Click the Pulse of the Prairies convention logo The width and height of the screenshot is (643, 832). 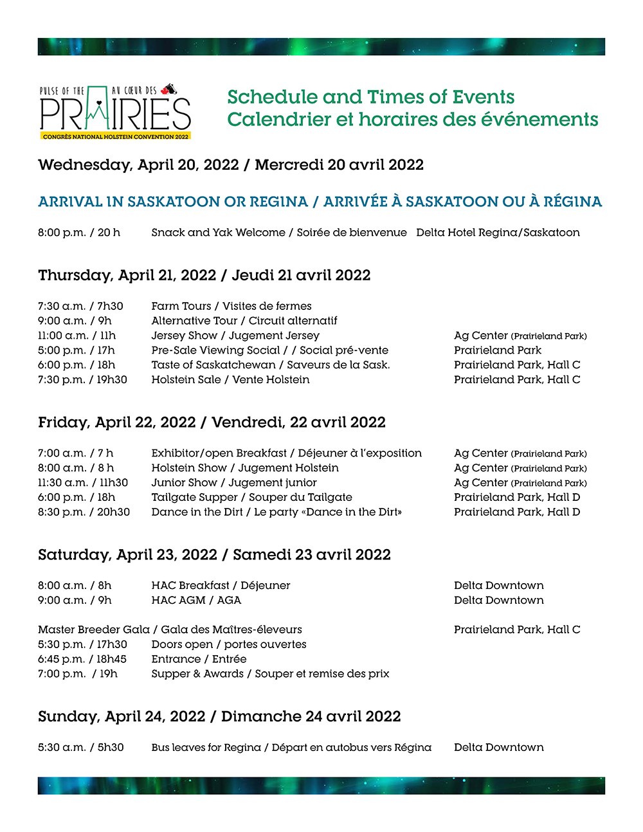pyautogui.click(x=116, y=112)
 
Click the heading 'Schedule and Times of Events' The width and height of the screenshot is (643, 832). pyautogui.click(x=371, y=97)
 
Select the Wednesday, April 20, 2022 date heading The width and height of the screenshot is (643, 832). pyautogui.click(x=231, y=165)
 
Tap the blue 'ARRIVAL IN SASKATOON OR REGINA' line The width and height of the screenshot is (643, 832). pyautogui.click(x=172, y=202)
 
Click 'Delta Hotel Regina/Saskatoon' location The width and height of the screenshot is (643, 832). pyautogui.click(x=498, y=232)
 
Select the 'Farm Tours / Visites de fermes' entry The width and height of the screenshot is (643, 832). pyautogui.click(x=231, y=306)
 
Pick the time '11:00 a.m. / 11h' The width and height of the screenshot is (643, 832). pyautogui.click(x=77, y=336)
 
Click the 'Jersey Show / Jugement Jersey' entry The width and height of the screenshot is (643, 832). pyautogui.click(x=235, y=336)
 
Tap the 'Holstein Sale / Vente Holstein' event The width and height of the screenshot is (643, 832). pyautogui.click(x=230, y=380)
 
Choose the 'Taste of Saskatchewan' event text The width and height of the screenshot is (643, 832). pyautogui.click(x=213, y=365)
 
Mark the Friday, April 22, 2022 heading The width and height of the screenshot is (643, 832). pyautogui.click(x=212, y=422)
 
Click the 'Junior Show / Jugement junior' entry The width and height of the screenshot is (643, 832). pyautogui.click(x=234, y=483)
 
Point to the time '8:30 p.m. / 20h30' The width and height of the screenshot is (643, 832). pyautogui.click(x=84, y=512)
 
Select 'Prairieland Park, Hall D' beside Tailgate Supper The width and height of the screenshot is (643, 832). pyautogui.click(x=517, y=498)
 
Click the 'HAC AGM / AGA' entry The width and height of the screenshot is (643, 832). pyautogui.click(x=196, y=601)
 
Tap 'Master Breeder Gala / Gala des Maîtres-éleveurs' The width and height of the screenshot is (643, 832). pyautogui.click(x=170, y=629)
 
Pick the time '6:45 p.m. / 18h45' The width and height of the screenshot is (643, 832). pyautogui.click(x=82, y=659)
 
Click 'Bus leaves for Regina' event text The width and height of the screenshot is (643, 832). pyautogui.click(x=206, y=748)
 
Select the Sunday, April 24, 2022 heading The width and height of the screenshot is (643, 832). pyautogui.click(x=219, y=717)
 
